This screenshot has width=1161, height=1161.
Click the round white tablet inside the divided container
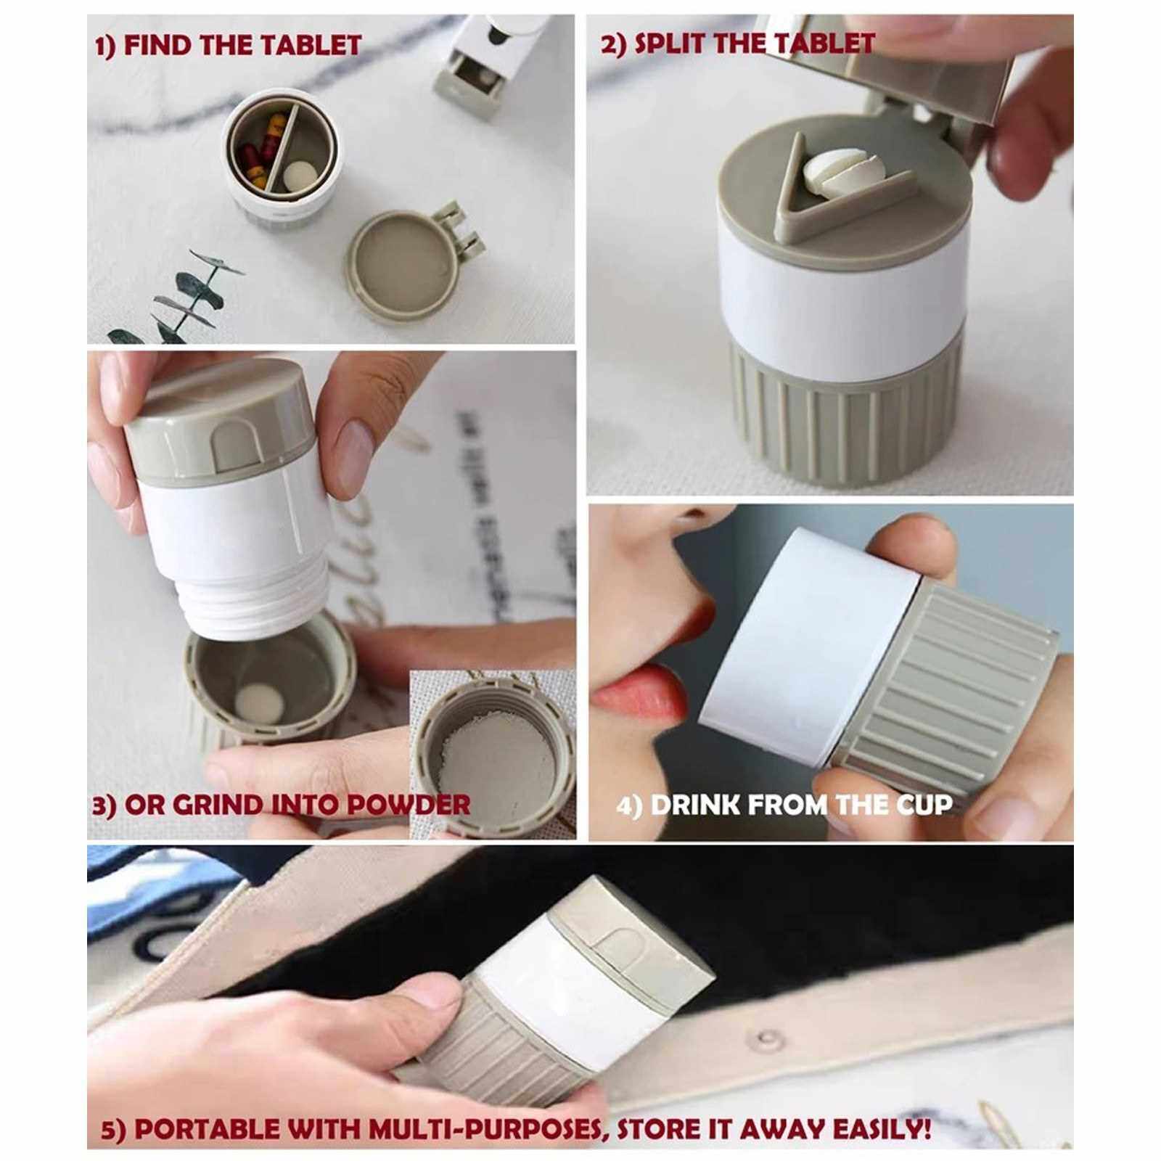[x=300, y=175]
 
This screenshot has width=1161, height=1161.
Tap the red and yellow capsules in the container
[x=258, y=149]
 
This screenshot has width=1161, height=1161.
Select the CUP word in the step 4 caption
[x=924, y=805]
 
